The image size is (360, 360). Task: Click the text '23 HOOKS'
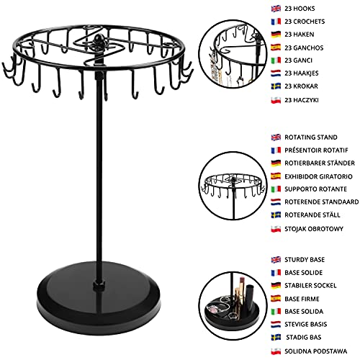pos(300,9)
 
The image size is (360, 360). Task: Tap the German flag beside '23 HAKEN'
pos(276,35)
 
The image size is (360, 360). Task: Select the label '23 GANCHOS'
pos(304,48)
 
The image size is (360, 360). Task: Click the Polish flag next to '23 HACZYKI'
pos(276,100)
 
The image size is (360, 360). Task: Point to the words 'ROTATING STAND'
pos(311,138)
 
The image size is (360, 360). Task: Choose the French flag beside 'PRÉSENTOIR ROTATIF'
pos(276,150)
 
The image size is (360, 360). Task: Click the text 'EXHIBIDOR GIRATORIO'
pos(318,176)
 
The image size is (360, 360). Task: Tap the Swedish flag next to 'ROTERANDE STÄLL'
pos(276,215)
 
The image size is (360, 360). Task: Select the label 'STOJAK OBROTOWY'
pos(314,229)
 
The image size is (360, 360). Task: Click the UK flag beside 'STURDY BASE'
pos(276,260)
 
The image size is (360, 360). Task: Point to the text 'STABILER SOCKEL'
pos(310,286)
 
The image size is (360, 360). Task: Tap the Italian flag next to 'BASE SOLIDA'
pos(276,312)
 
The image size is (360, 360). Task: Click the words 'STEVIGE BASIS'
pos(306,325)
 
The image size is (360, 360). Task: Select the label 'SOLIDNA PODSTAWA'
pos(316,351)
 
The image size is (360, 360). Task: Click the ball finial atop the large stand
pos(98,38)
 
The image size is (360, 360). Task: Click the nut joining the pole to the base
pos(99,285)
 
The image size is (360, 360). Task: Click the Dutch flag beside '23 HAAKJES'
pos(276,73)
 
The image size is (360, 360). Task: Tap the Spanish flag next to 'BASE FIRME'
pos(276,299)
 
